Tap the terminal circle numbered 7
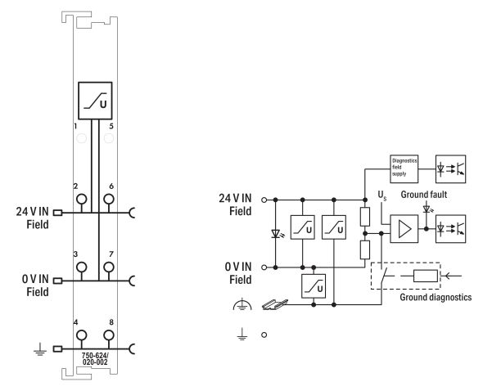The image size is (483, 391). [108, 267]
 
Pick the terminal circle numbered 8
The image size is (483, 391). [108, 335]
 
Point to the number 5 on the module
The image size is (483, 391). [111, 127]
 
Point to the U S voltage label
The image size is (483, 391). [381, 196]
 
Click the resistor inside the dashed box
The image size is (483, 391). [427, 276]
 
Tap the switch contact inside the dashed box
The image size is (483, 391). [392, 274]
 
